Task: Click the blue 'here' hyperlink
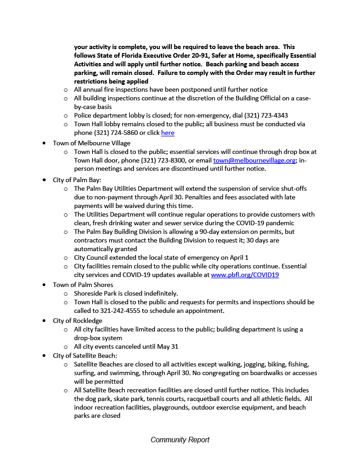click(x=168, y=133)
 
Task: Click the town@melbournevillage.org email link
click(x=254, y=160)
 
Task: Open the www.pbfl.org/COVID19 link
click(x=245, y=275)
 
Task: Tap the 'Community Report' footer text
click(x=180, y=440)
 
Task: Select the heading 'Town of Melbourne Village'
click(x=91, y=143)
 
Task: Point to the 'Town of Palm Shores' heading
click(x=83, y=285)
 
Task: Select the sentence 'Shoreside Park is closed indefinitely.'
click(x=126, y=293)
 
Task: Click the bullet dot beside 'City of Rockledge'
click(x=44, y=321)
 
